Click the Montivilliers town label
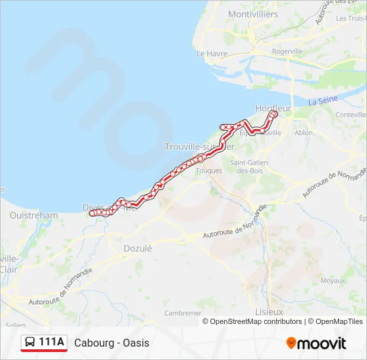point(254,14)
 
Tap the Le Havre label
point(212,53)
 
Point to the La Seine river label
point(323,101)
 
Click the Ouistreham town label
point(34,215)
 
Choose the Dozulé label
point(138,248)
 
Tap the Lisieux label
point(269,311)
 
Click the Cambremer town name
point(183,312)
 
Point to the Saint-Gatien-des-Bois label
point(248,166)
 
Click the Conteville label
point(352,115)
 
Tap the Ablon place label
point(303,133)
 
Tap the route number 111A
point(52,343)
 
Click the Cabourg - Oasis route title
point(112,343)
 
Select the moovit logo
point(316,343)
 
